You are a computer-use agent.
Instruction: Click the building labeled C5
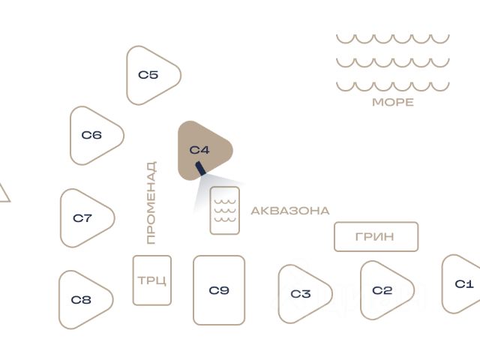151,75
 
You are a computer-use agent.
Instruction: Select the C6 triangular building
94,136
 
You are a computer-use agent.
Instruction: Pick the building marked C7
84,218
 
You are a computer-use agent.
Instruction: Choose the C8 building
82,300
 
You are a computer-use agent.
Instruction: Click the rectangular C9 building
219,290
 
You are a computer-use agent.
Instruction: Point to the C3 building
301,294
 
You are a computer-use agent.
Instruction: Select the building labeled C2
383,290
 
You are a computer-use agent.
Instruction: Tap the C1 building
464,284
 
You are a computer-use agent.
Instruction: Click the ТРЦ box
152,280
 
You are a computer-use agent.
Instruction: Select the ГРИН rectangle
376,237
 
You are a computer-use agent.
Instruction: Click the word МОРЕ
393,103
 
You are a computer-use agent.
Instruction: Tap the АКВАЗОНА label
290,211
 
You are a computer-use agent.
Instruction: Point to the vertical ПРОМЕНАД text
151,202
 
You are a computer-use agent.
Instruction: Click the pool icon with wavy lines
225,211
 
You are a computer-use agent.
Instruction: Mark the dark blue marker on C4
200,169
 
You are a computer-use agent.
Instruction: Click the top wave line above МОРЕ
392,37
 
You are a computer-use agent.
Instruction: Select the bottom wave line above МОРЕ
392,85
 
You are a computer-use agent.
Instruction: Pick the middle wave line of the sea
392,61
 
